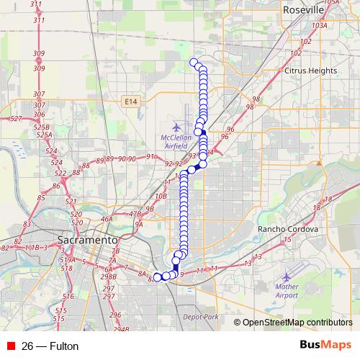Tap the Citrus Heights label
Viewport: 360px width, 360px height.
pos(311,71)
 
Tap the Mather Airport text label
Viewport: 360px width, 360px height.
pos(286,291)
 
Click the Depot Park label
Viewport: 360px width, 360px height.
pos(200,317)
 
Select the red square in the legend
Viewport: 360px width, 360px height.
pos(9,346)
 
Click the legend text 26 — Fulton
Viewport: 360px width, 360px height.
pos(50,346)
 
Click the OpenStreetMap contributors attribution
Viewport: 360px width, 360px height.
pos(296,322)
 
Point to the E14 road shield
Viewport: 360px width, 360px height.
pos(130,102)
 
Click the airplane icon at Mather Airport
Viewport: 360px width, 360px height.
pos(288,276)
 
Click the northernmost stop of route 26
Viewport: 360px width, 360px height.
pos(193,62)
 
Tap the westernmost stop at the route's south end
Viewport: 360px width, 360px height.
pos(158,277)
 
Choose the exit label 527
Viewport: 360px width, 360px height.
pos(16,119)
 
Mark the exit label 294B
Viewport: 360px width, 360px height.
pos(121,329)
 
